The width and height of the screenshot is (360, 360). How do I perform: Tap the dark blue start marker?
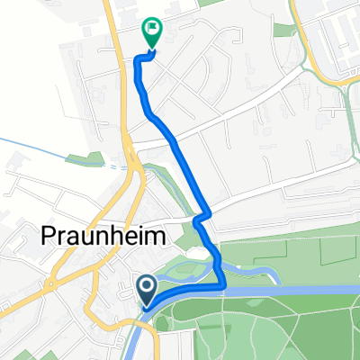(x=146, y=289)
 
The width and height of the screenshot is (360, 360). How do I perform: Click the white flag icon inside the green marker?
(x=151, y=27)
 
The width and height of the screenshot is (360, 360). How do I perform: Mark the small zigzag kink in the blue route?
(x=202, y=216)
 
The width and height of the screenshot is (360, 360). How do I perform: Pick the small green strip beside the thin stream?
(x=85, y=159)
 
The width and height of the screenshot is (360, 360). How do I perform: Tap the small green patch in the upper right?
(x=285, y=30)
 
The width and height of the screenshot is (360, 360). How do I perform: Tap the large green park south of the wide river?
(x=270, y=328)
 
